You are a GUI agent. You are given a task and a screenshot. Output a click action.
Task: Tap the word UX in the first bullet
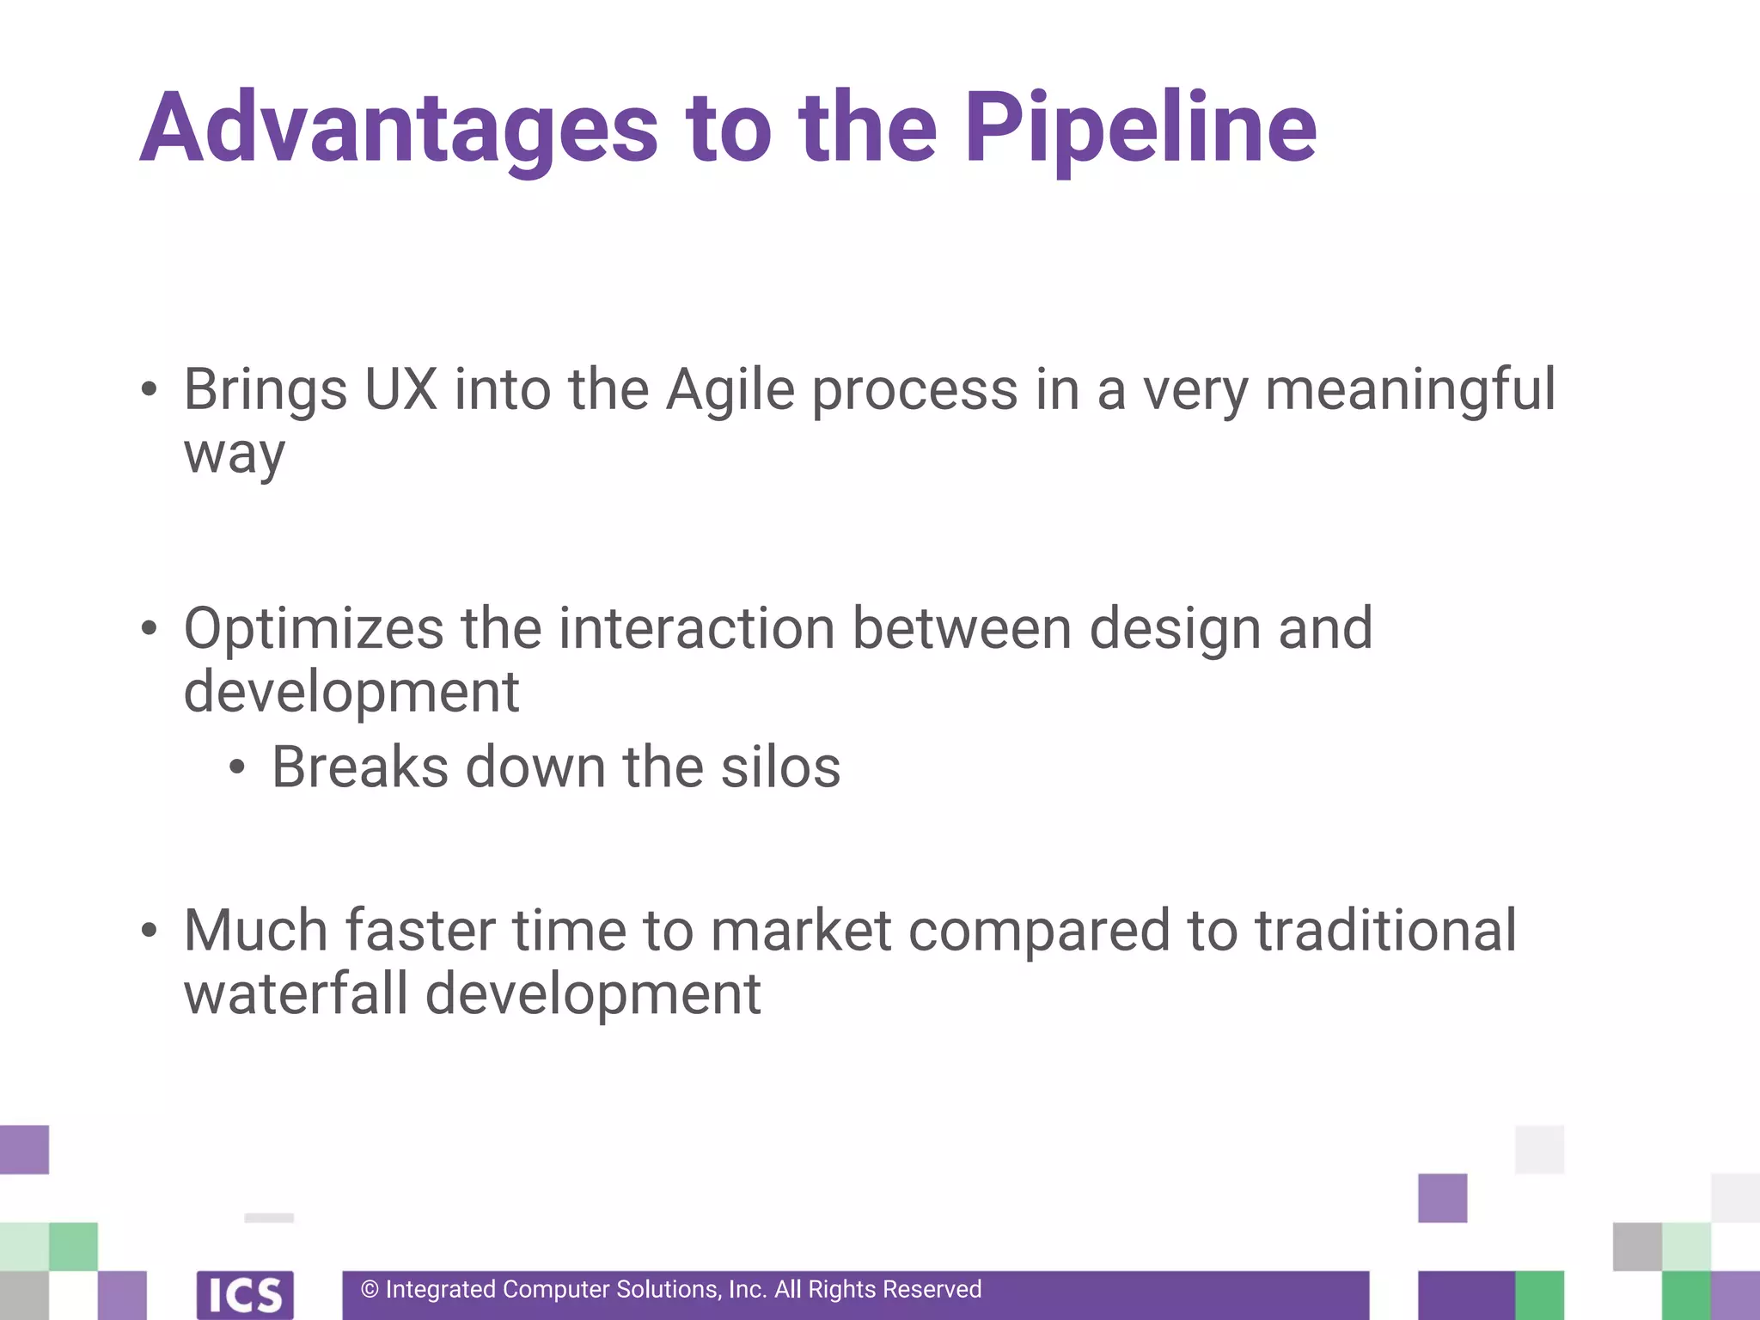click(x=400, y=390)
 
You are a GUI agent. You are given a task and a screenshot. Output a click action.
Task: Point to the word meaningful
click(x=1409, y=390)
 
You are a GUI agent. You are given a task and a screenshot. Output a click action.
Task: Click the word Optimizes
click(x=314, y=628)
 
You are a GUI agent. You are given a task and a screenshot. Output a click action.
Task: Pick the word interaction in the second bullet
click(x=696, y=628)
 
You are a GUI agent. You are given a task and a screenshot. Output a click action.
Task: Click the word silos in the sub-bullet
click(x=780, y=767)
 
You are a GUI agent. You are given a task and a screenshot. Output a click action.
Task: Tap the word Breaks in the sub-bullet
click(x=360, y=767)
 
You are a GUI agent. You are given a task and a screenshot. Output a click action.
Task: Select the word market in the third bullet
click(x=801, y=931)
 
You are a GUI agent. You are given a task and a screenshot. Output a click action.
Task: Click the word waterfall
click(x=296, y=994)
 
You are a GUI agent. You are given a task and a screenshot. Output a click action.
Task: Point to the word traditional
click(x=1385, y=931)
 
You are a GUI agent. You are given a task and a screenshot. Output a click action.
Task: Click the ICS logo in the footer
click(x=245, y=1295)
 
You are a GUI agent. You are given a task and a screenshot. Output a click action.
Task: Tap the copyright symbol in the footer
click(x=370, y=1290)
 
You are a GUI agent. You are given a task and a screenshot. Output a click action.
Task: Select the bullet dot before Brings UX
click(x=150, y=390)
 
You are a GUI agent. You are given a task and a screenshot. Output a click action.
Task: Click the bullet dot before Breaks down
click(x=238, y=767)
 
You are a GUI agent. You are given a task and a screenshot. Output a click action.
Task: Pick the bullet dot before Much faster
click(x=150, y=931)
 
